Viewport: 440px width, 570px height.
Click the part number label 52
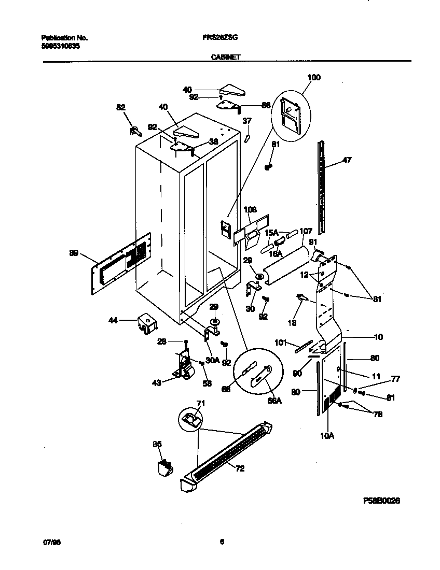tap(120, 107)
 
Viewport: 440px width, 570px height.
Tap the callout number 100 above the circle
tap(314, 78)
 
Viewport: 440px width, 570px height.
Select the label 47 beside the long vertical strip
tap(347, 160)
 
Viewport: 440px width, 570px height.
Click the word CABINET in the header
tap(226, 58)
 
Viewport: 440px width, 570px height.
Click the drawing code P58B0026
tap(381, 501)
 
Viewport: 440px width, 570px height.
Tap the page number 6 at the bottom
tap(222, 542)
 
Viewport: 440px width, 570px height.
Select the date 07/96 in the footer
tap(49, 542)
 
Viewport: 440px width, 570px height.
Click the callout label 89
tap(74, 253)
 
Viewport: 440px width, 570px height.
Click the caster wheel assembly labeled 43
tap(183, 367)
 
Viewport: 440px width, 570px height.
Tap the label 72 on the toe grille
tap(239, 469)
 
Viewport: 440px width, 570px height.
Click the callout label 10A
tap(327, 436)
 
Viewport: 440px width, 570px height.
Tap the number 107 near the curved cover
tap(306, 231)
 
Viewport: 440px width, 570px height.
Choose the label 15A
tap(272, 233)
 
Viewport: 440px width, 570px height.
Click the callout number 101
tap(280, 342)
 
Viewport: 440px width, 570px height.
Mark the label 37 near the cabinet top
tap(247, 121)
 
